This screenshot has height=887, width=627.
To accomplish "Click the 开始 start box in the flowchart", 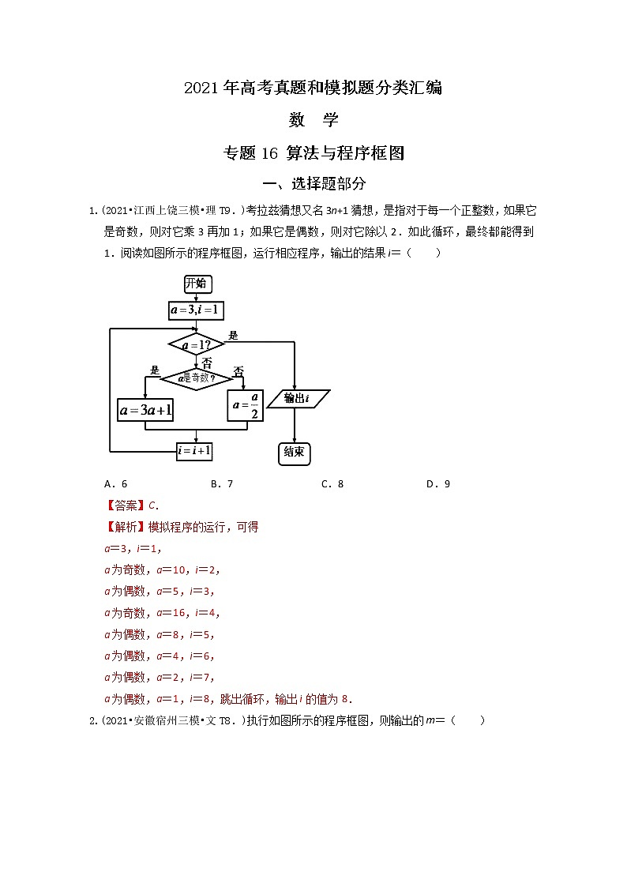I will click(x=197, y=284).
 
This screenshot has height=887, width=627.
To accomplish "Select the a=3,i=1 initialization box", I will click(x=194, y=310).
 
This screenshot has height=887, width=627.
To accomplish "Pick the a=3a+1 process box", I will click(x=145, y=410).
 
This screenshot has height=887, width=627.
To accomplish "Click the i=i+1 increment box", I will click(x=193, y=450).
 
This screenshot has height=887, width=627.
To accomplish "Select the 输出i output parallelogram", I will click(x=297, y=399).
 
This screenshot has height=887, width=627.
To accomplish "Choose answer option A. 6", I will click(x=115, y=484).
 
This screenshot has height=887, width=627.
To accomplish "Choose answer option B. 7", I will click(x=222, y=484).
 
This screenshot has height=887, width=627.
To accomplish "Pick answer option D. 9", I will click(x=437, y=484).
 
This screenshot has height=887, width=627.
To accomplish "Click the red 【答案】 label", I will click(x=126, y=506).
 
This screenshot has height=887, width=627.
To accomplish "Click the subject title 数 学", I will click(x=313, y=120).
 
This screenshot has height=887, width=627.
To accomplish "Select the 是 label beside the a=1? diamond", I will click(x=233, y=336).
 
